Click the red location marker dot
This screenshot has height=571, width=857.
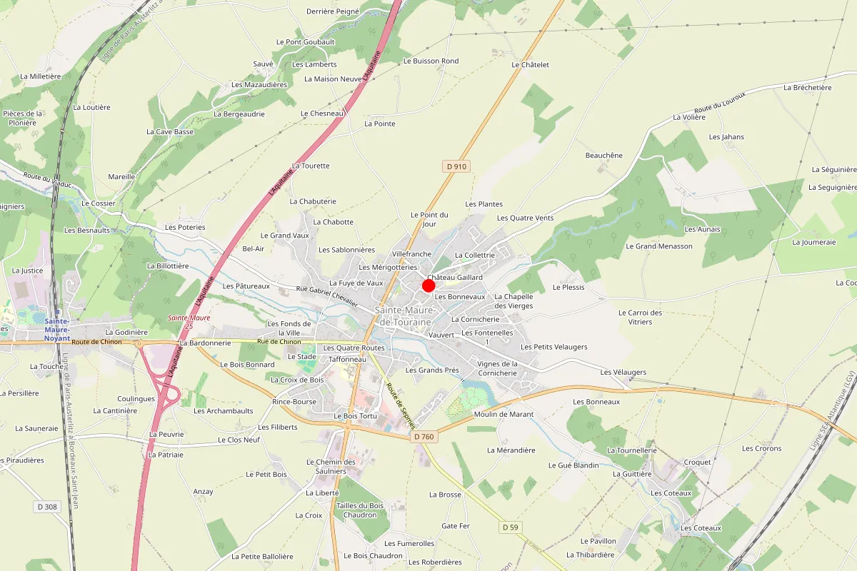[x=428, y=285]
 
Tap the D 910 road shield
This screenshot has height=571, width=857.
[x=456, y=166]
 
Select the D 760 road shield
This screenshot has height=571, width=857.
[x=424, y=436]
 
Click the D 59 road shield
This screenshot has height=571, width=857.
[x=509, y=527]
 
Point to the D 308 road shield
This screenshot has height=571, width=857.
[x=46, y=507]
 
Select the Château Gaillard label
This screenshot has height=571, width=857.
[x=455, y=277]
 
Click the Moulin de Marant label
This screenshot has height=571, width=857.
[x=503, y=414]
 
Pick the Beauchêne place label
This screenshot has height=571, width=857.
[x=604, y=156]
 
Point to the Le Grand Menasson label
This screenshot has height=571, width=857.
[x=659, y=246]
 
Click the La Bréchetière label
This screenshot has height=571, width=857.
[x=808, y=88]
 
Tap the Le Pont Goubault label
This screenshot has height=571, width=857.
[x=310, y=42]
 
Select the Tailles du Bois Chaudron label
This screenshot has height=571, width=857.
[x=360, y=510]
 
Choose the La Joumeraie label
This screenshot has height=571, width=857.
[x=813, y=242]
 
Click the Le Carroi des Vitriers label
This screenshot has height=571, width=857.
[x=641, y=317]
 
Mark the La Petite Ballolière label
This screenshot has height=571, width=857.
[x=262, y=556]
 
